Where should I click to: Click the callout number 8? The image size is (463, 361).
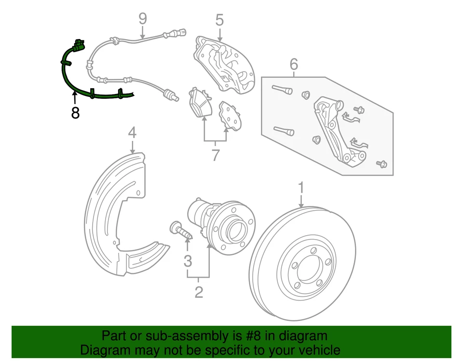pos(75,113)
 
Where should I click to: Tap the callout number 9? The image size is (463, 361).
pos(142,19)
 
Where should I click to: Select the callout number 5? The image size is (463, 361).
pos(219,20)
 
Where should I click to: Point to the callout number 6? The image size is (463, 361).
pos(294,64)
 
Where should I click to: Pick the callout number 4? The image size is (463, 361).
pos(132,132)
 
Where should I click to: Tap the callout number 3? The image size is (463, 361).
pos(188,261)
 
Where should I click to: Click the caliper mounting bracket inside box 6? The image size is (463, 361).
pos(338,130)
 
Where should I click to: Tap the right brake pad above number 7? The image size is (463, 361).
pos(230,116)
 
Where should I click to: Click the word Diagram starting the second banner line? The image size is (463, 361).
pos(105,350)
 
